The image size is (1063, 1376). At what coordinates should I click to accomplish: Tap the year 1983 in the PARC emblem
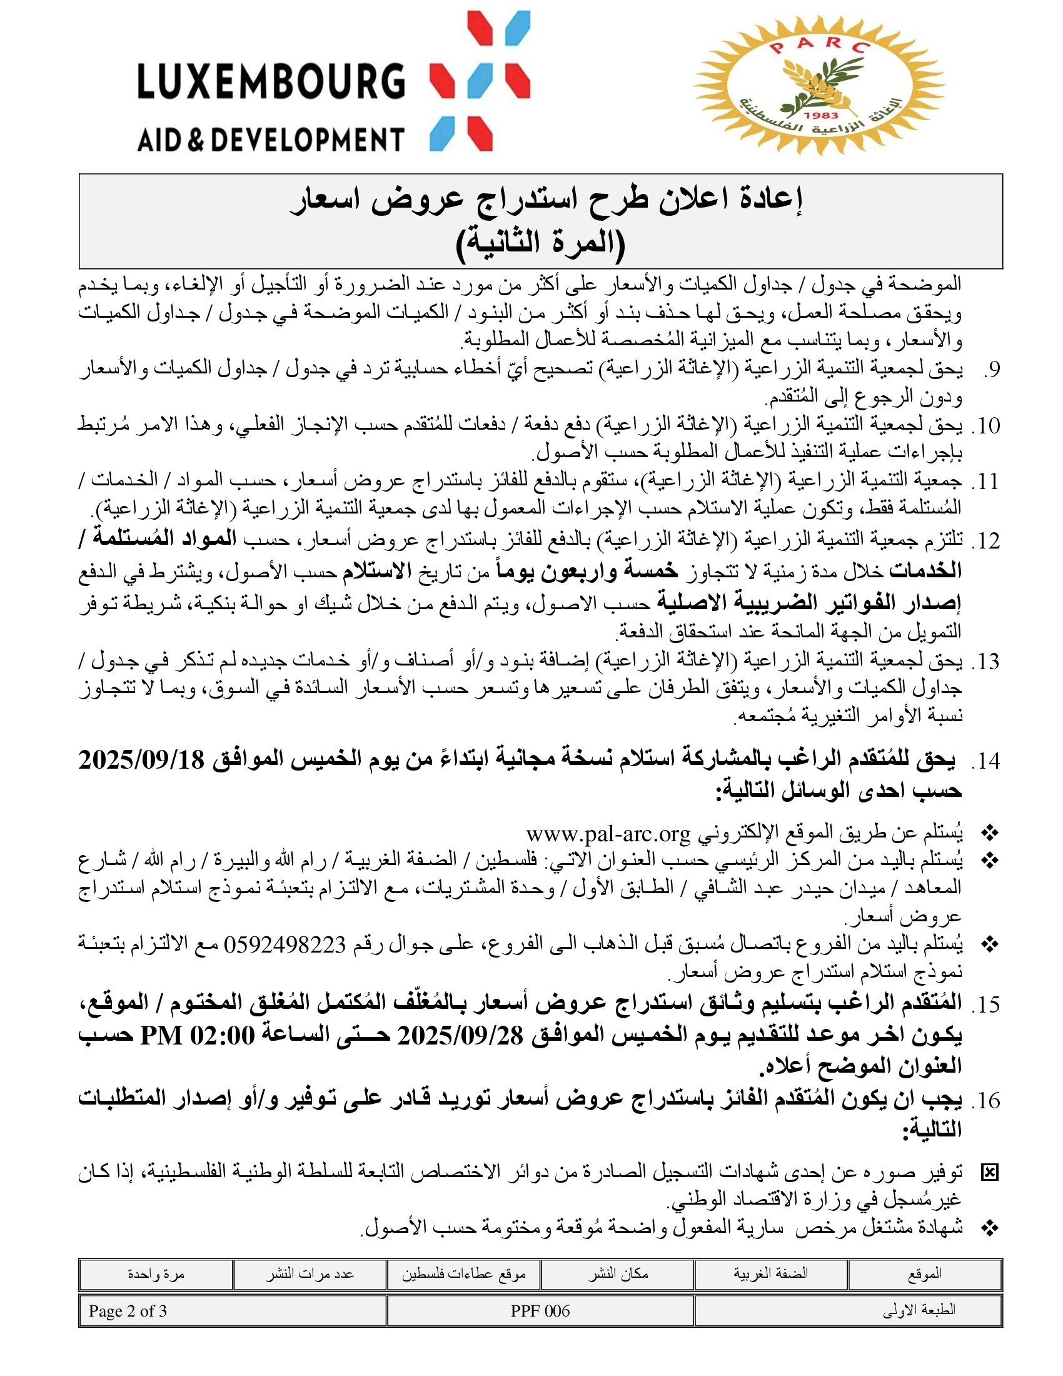pyautogui.click(x=821, y=115)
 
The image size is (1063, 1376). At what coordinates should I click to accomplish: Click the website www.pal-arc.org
pyautogui.click(x=608, y=834)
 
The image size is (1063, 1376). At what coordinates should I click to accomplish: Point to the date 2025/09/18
pyautogui.click(x=141, y=761)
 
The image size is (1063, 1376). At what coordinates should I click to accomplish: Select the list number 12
pyautogui.click(x=985, y=540)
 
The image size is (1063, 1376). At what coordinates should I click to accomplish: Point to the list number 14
pyautogui.click(x=985, y=761)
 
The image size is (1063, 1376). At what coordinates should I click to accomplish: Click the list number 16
pyautogui.click(x=985, y=1100)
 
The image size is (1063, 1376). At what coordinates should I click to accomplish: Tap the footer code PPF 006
pyautogui.click(x=540, y=1311)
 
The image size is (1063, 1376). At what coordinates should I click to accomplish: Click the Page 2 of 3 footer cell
pyautogui.click(x=128, y=1311)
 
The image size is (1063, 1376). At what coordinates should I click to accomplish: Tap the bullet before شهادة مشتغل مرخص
pyautogui.click(x=990, y=1227)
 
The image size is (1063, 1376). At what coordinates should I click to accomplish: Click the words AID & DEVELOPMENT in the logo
pyautogui.click(x=271, y=138)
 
